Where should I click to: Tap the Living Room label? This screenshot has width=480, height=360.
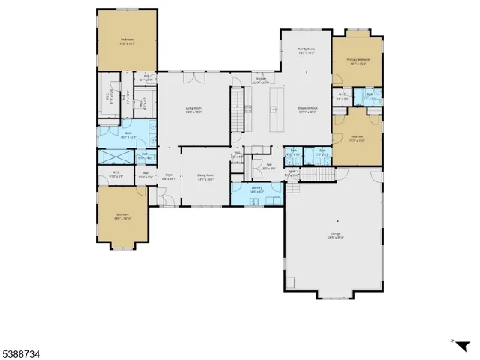tap(195, 110)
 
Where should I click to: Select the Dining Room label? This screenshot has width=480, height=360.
tap(205, 177)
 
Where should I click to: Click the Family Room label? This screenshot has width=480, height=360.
tap(306, 51)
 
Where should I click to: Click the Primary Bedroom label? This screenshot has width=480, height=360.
tap(358, 61)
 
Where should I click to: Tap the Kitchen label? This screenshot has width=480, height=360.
tap(261, 79)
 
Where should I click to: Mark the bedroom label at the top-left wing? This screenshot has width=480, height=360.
tap(127, 42)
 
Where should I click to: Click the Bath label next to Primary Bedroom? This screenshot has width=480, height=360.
tap(370, 94)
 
